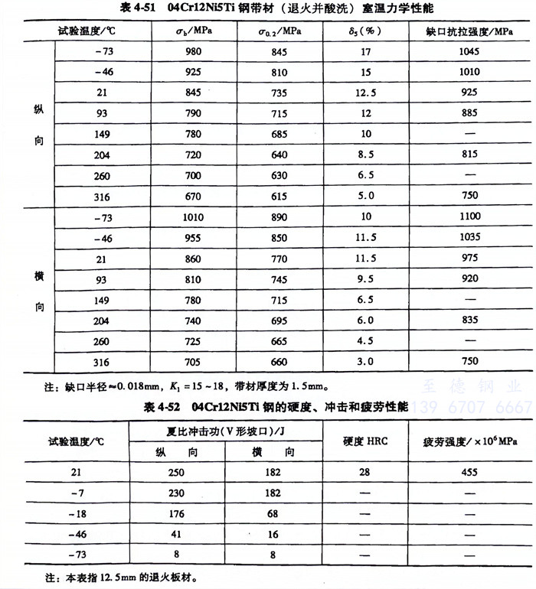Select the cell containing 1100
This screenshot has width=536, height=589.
tap(469, 216)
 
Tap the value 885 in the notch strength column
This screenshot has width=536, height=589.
tap(469, 113)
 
